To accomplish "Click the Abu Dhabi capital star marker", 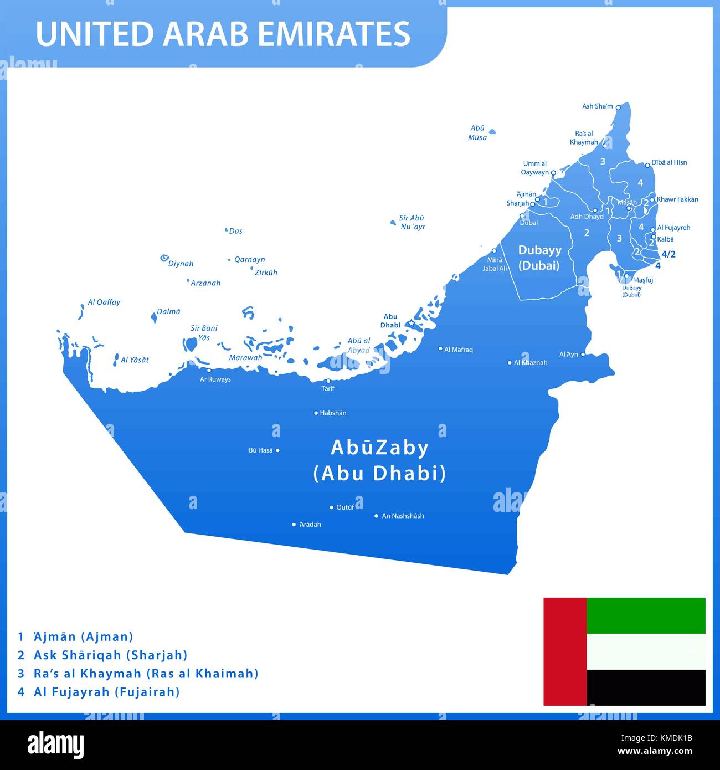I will coord(412,323).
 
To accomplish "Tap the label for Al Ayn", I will coord(568,355).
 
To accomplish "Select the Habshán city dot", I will coord(316,413).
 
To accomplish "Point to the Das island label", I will coord(235,231).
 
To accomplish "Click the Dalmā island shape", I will coord(153,317).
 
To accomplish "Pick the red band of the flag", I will coord(564,651).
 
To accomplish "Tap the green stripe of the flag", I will coord(646,615).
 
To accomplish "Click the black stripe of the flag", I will coord(646,687).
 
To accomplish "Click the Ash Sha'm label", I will coord(597,106).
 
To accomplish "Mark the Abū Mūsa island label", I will coord(477,132).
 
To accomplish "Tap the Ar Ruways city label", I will coord(215,379).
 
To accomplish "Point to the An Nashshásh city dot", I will coord(376,516).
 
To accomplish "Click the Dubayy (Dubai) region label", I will coord(539,258).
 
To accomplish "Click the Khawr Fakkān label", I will coord(677,199).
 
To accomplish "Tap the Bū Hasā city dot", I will coord(277,450).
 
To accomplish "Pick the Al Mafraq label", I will coord(458,350).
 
